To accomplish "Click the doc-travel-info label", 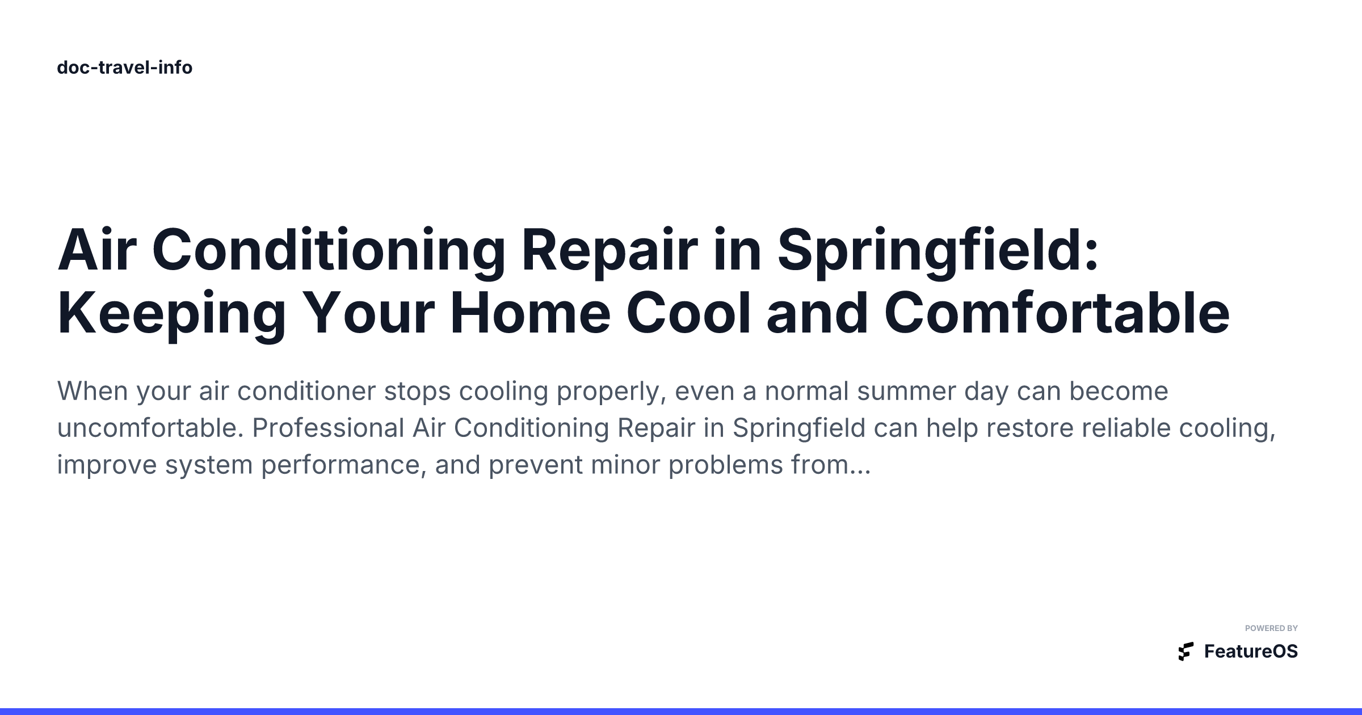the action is coord(125,68).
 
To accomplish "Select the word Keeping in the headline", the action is coord(171,314).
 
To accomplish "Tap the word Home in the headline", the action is coord(530,313).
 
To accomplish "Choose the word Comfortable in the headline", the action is coord(1057,313).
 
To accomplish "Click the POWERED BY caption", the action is coord(1271,628).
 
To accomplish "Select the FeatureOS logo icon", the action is coord(1186,651).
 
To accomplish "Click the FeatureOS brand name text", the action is coord(1251,651).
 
